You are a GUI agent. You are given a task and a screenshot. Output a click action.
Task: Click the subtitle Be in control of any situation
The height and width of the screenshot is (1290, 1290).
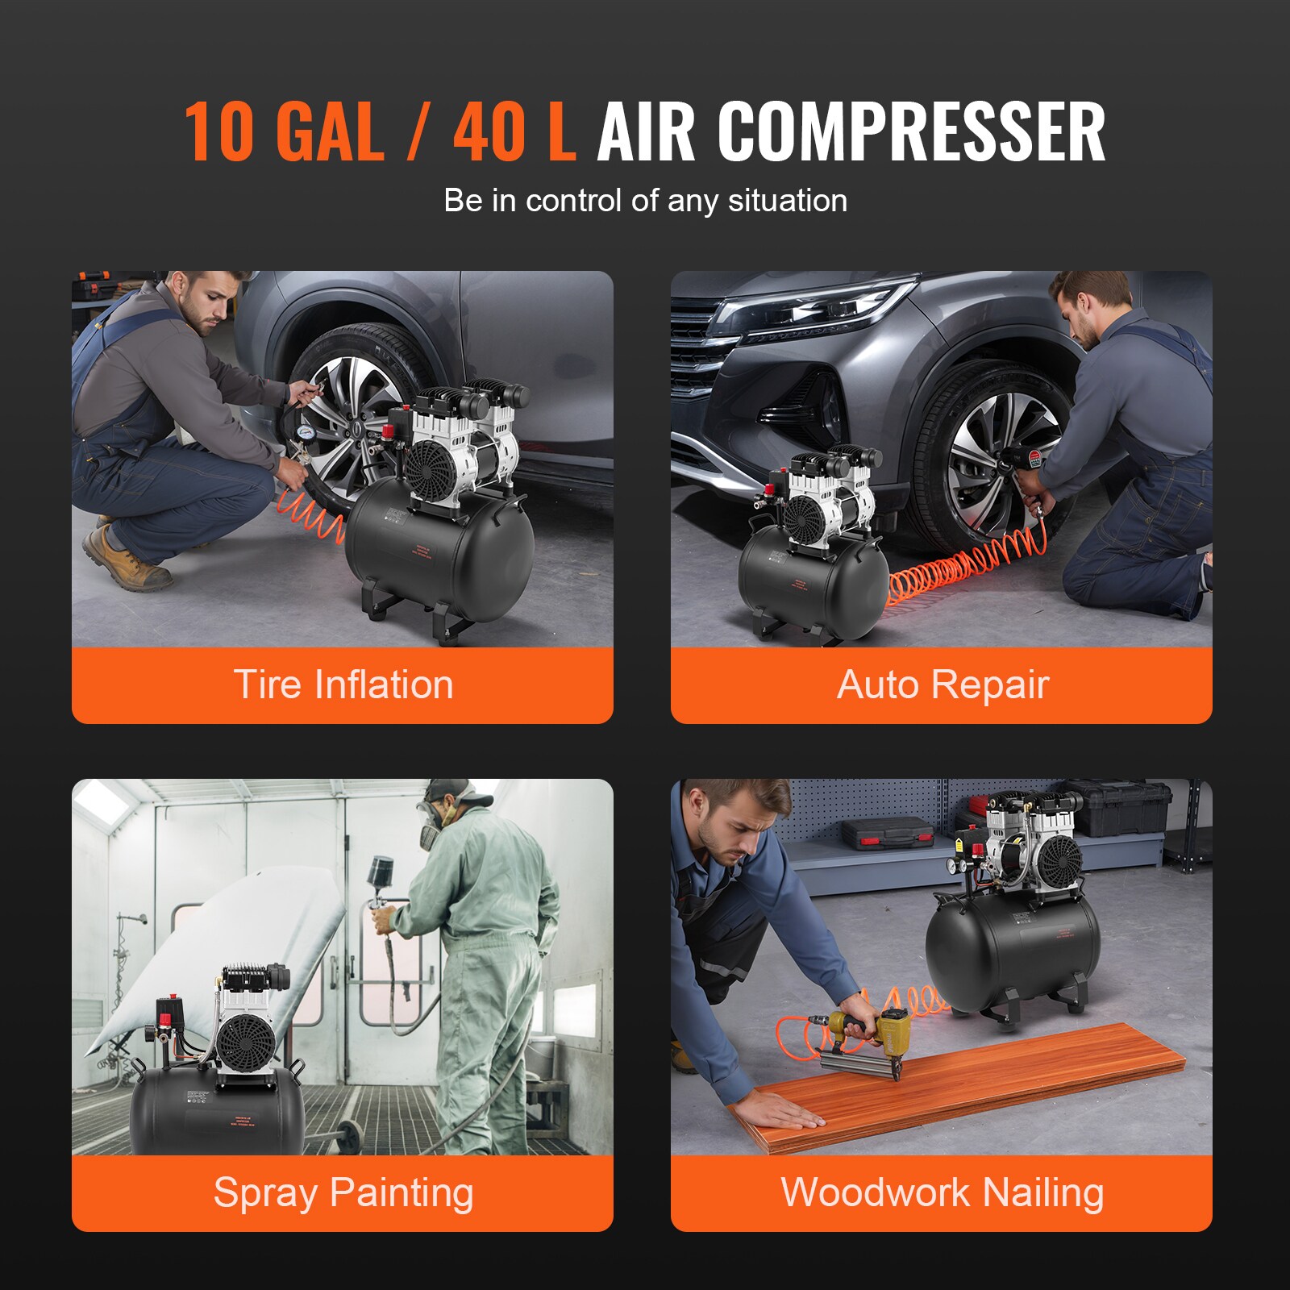(x=645, y=200)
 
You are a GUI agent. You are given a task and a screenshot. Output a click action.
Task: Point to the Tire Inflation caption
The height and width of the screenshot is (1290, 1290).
(x=343, y=685)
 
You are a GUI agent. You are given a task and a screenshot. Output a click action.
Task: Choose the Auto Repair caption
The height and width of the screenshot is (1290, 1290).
(x=942, y=685)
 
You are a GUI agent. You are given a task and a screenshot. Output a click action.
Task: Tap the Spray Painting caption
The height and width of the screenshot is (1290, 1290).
(x=343, y=1192)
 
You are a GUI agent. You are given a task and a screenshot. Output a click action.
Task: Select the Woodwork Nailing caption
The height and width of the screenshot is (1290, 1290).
(x=942, y=1192)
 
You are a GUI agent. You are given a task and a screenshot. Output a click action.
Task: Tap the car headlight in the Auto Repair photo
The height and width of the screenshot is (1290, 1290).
(x=814, y=310)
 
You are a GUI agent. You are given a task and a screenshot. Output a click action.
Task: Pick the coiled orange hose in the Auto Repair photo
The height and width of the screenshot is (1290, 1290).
(x=959, y=569)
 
